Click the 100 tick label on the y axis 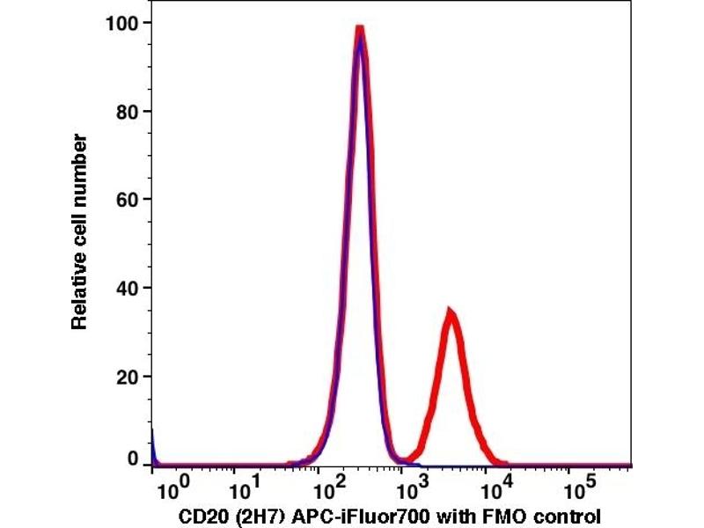click(122, 22)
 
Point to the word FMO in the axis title click(487, 515)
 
